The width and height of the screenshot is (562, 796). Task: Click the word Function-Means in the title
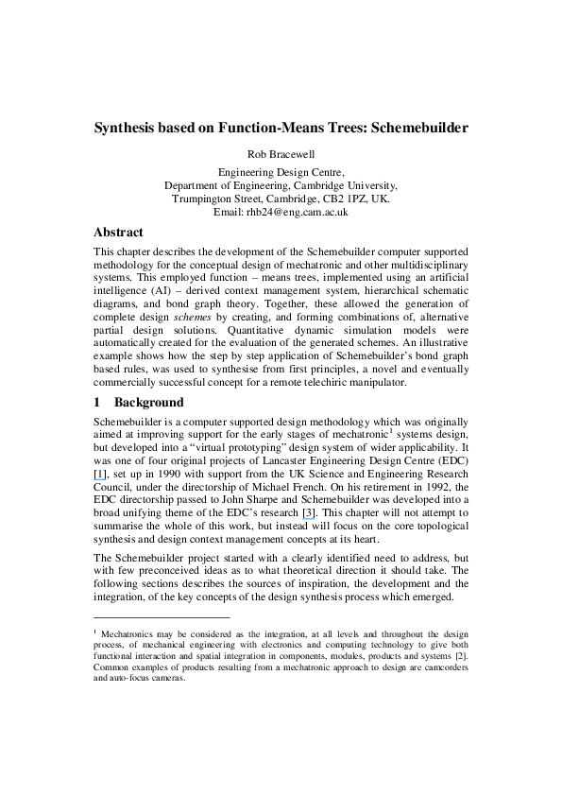pyautogui.click(x=282, y=127)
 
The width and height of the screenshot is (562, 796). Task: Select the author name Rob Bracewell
pyautogui.click(x=281, y=155)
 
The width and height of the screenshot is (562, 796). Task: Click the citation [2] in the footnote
pyautogui.click(x=460, y=655)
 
